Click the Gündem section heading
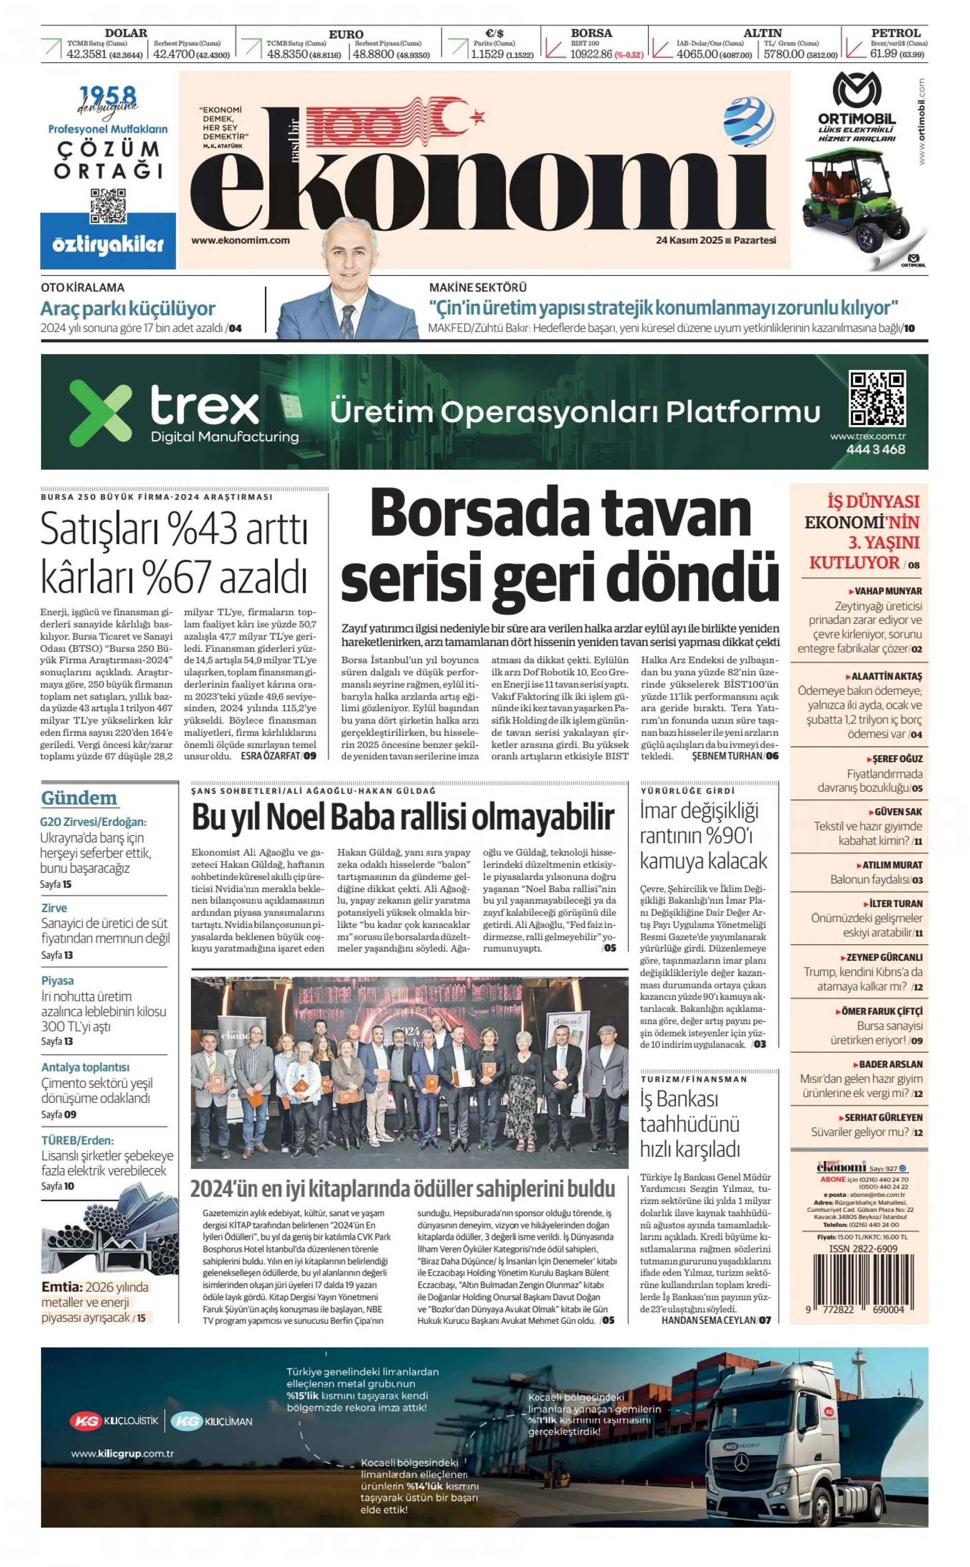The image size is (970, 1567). pos(79,798)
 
